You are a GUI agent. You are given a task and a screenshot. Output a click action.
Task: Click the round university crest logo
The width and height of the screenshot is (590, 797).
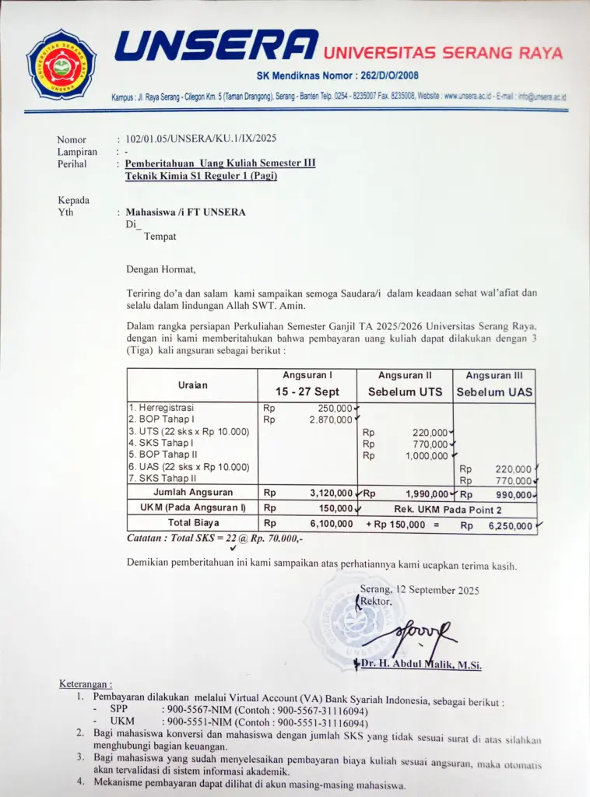61,65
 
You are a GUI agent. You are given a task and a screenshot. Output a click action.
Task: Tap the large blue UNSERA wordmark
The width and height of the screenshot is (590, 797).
216,46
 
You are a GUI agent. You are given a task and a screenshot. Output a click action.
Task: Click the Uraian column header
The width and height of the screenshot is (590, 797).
192,384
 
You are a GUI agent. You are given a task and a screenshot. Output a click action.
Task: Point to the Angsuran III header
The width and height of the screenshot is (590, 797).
495,375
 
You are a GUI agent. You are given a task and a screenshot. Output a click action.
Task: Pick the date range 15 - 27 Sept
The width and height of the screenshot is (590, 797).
307,391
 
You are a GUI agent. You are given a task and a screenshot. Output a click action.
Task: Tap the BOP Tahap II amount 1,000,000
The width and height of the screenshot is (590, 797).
427,456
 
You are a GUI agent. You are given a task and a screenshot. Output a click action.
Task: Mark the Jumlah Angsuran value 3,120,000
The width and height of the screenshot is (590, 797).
329,493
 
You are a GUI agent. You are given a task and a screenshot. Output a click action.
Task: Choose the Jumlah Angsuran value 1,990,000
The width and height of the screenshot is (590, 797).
426,493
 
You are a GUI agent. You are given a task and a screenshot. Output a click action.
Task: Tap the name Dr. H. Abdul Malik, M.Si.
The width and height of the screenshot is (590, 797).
421,664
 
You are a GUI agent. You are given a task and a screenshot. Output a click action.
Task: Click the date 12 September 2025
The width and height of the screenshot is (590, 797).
441,590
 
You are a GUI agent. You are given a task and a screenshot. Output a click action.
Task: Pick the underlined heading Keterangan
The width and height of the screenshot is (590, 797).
86,684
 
